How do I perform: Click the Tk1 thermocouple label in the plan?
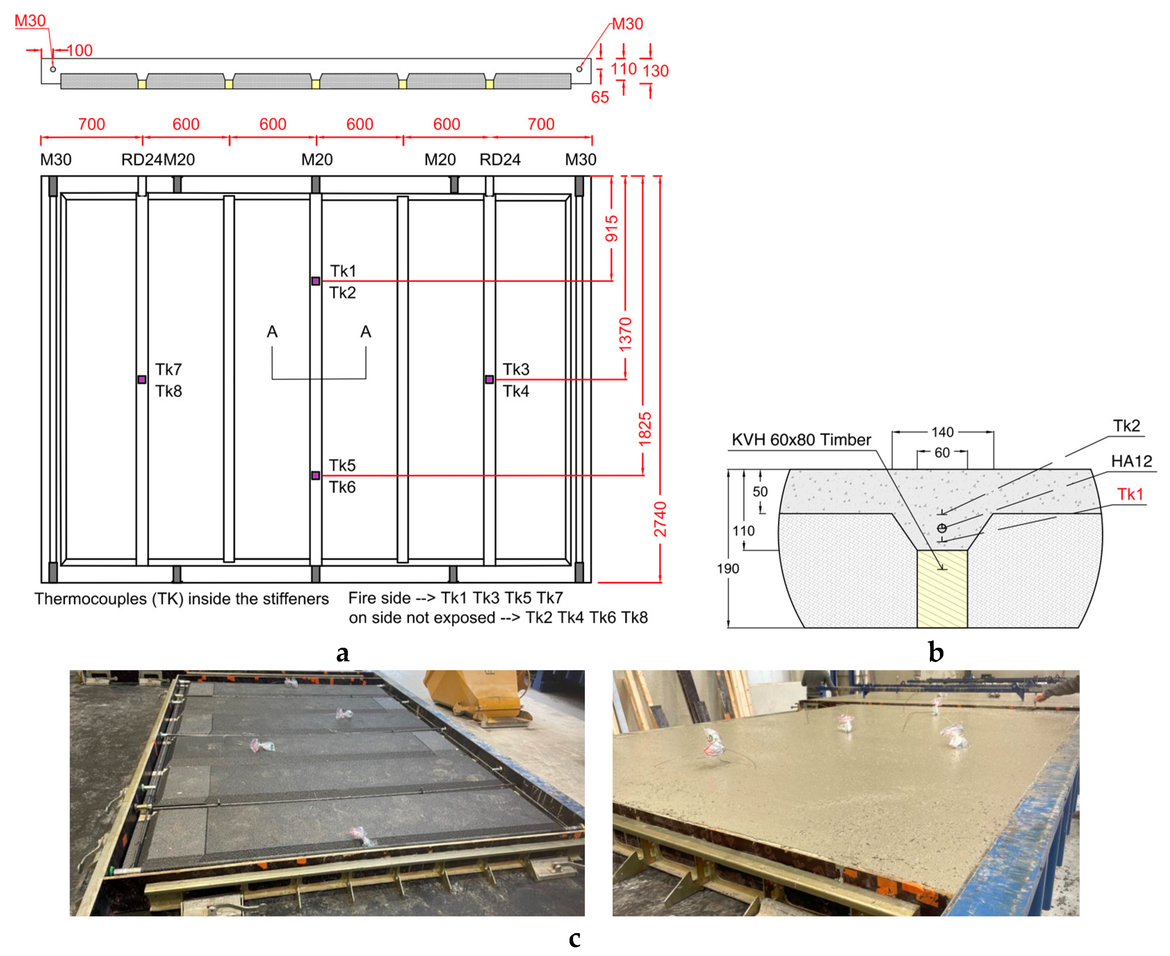click(343, 271)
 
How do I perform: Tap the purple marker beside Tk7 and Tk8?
click(142, 379)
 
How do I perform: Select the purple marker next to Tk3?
click(489, 379)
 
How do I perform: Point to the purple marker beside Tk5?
click(315, 475)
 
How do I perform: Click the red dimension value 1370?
click(625, 334)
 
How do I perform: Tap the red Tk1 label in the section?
click(1130, 495)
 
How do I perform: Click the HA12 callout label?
click(1131, 461)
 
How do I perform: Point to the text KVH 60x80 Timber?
click(801, 440)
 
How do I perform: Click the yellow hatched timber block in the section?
click(942, 589)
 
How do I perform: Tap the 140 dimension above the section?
click(942, 432)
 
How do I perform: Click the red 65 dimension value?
click(600, 98)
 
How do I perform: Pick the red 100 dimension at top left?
click(80, 51)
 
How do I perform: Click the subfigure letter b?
click(936, 653)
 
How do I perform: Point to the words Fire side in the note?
click(379, 598)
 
